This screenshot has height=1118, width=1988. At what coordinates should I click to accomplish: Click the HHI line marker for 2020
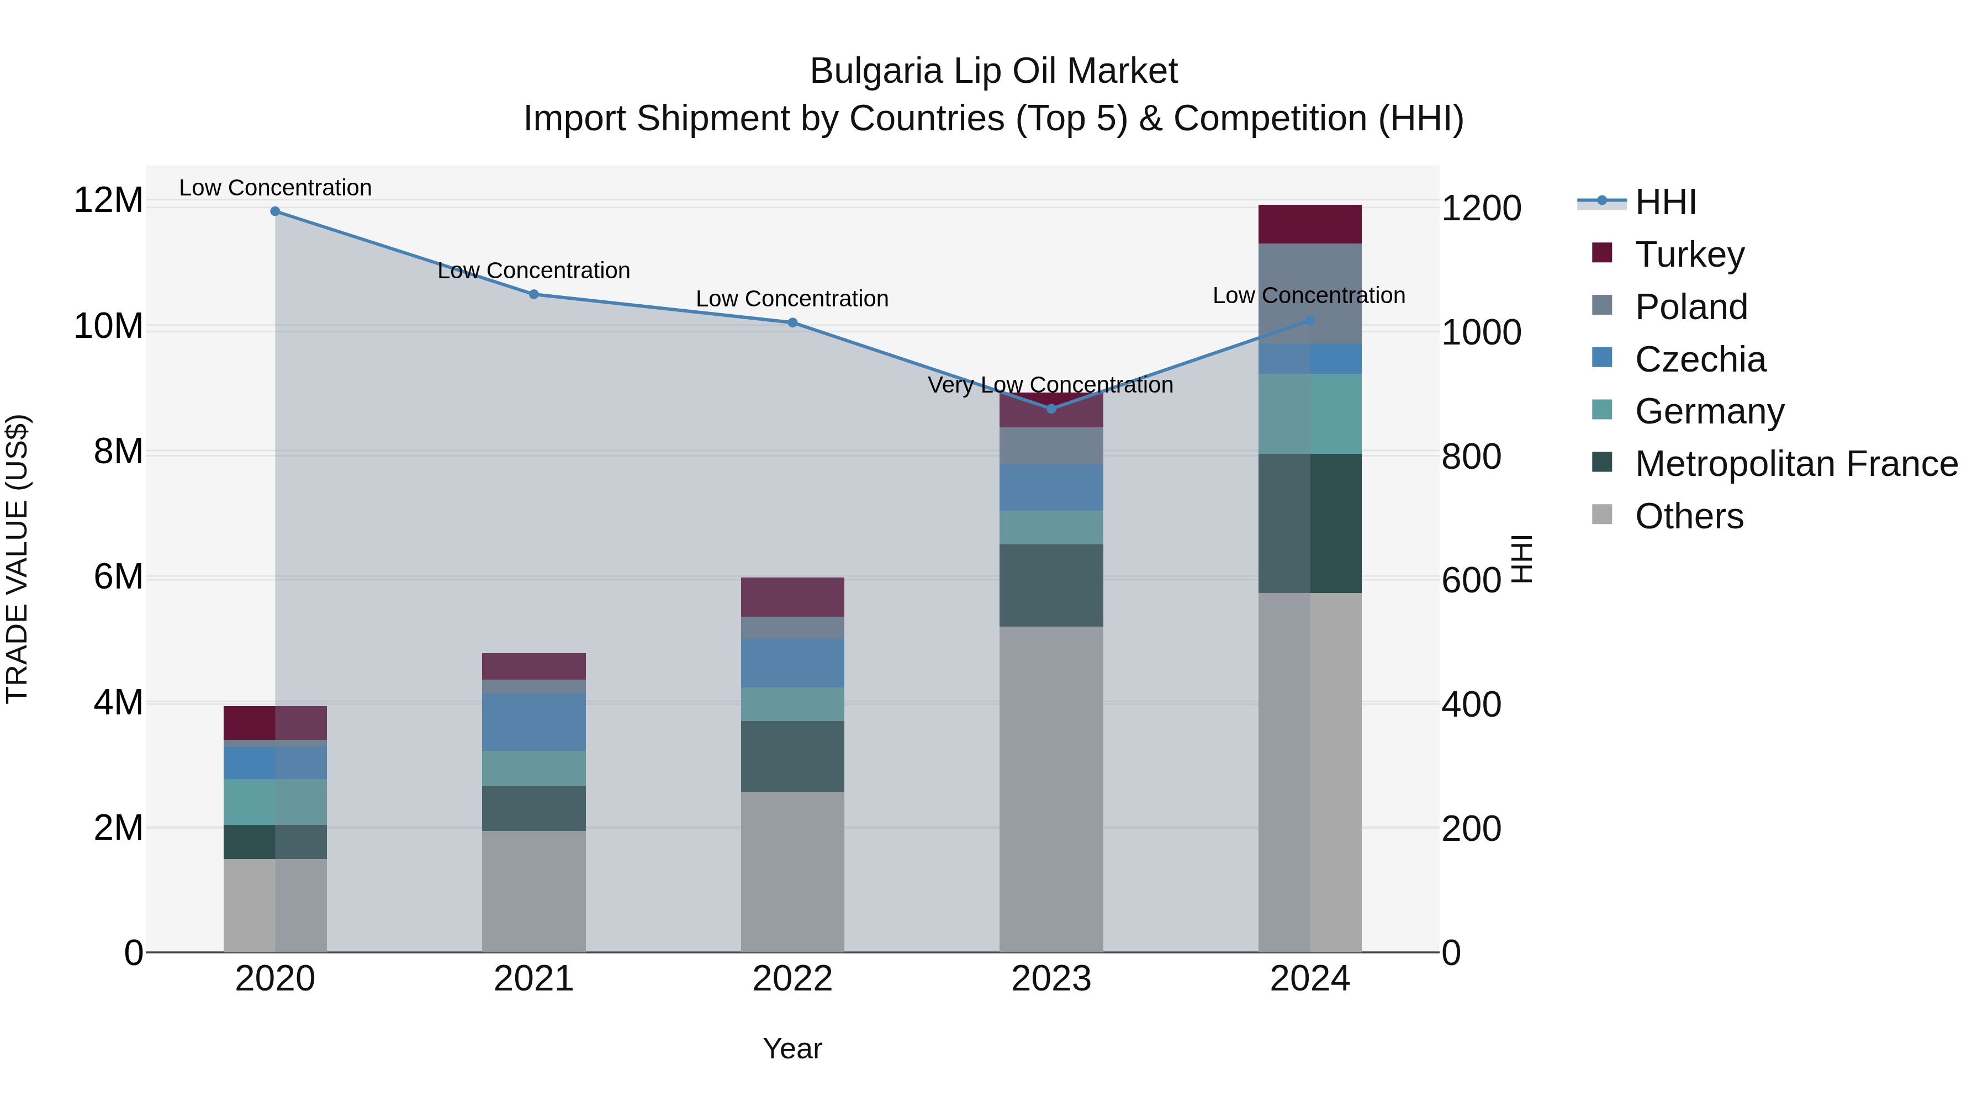(x=275, y=211)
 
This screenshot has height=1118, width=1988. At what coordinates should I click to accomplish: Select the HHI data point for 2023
(x=1051, y=409)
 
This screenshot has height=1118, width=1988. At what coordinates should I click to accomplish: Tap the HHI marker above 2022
(x=792, y=324)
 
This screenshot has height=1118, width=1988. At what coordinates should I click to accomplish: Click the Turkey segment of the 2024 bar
(x=1310, y=225)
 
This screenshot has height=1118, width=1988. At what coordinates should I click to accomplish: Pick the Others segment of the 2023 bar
(x=1051, y=788)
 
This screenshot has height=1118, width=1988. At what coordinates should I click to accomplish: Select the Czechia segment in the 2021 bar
(x=533, y=722)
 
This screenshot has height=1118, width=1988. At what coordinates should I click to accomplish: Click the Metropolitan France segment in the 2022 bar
(x=792, y=757)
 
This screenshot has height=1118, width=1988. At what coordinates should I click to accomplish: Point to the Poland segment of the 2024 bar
(x=1310, y=293)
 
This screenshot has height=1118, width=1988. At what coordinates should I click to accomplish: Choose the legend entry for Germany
(x=1709, y=411)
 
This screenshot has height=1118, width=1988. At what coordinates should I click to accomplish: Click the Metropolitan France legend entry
(x=1795, y=464)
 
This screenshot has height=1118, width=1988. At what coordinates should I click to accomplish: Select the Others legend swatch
(x=1602, y=515)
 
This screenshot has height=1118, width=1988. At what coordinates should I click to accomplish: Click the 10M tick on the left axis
(x=108, y=326)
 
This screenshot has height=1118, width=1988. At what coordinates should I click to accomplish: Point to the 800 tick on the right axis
(x=1471, y=456)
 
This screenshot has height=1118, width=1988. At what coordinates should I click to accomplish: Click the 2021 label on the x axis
(x=533, y=979)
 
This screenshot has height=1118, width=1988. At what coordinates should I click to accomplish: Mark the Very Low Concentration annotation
(x=1050, y=384)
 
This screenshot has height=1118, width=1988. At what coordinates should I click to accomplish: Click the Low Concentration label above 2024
(x=1308, y=295)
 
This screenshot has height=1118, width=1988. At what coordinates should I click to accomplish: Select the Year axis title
(x=792, y=1048)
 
